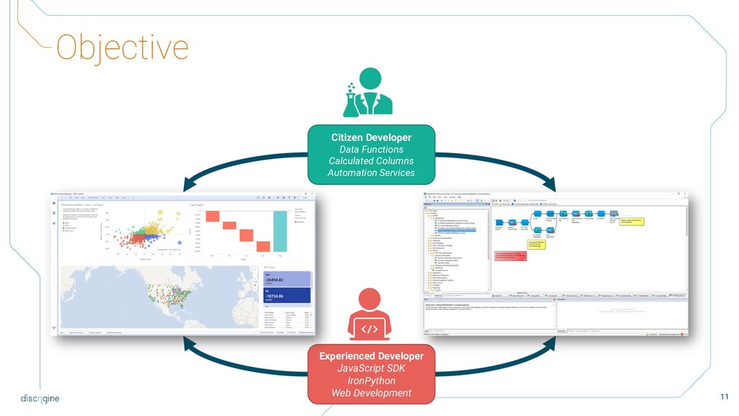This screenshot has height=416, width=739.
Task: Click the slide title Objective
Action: pos(122,48)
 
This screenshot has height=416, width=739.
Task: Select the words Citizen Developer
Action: pos(371,137)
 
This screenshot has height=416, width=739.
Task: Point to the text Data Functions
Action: pos(371,149)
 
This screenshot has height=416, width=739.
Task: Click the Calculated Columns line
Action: pos(371,161)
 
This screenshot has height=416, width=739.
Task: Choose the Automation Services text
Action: pos(371,173)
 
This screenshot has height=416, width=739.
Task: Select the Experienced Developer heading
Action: pos(371,356)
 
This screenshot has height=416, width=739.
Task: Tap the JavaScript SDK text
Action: pos(371,368)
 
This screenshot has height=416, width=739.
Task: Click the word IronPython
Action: pos(371,381)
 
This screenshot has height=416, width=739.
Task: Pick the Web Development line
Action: pos(371,393)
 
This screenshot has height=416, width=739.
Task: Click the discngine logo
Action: pos(40,398)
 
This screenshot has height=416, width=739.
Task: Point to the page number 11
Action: pos(724,396)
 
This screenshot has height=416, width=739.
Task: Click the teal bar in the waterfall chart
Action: pos(280,231)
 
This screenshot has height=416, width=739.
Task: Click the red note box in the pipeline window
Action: pos(510,256)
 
